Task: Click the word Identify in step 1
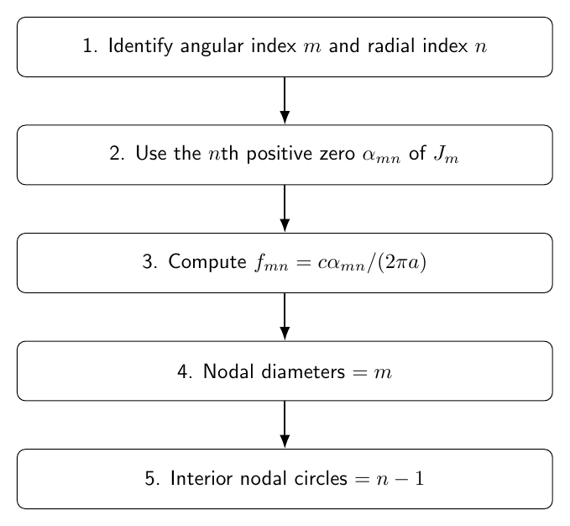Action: coord(140,46)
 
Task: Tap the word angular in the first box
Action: coord(212,47)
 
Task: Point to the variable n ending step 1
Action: coord(480,48)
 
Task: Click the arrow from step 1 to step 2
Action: coord(285,100)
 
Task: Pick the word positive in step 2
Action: coord(280,155)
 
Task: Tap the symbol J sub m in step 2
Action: coord(446,155)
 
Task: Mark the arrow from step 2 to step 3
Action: coord(285,208)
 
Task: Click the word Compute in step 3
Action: coord(207,262)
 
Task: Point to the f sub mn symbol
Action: coord(271,263)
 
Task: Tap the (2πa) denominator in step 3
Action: coord(402,262)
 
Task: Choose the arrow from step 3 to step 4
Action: coord(285,317)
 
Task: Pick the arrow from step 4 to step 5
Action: coord(285,424)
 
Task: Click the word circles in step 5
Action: coord(321,478)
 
